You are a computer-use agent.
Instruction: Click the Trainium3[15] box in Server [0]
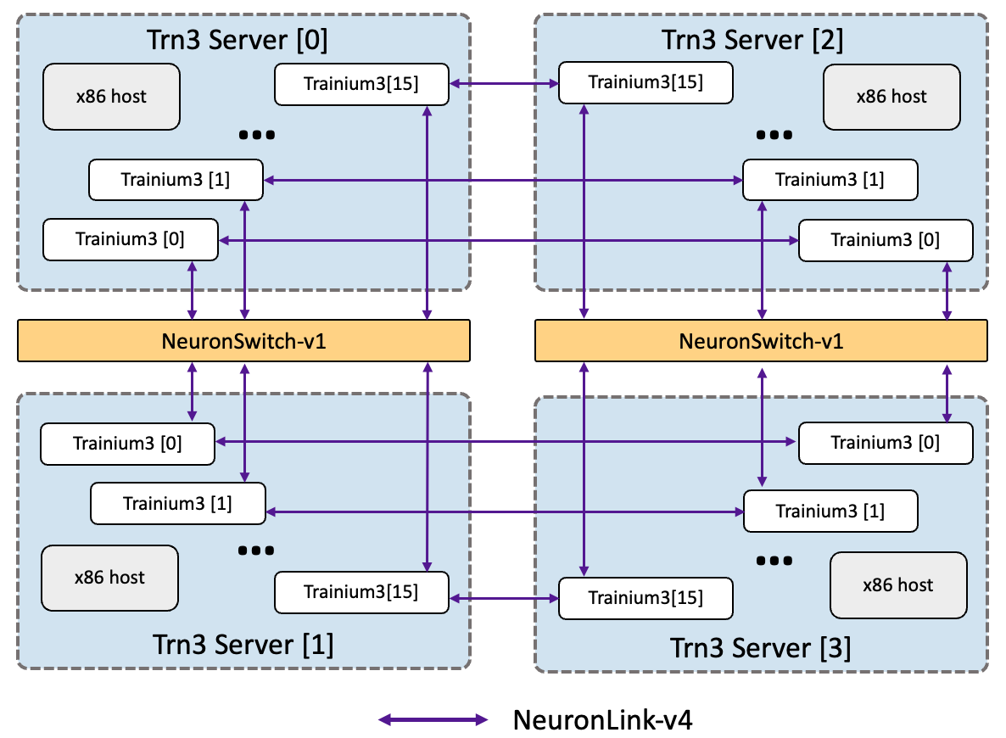point(361,83)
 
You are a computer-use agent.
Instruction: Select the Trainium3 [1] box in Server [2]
point(830,180)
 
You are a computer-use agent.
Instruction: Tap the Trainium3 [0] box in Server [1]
point(127,443)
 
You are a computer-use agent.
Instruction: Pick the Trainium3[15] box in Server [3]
point(646,598)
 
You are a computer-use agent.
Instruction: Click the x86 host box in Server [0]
point(111,97)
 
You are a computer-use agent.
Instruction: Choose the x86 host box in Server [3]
point(897,584)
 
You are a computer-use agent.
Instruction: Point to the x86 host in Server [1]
point(109,578)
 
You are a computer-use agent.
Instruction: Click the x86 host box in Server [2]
point(891,97)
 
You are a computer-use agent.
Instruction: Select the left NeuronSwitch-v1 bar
point(243,341)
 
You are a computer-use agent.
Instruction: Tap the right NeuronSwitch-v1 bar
point(761,341)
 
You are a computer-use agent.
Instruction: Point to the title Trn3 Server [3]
point(761,648)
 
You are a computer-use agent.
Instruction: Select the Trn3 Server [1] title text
point(243,645)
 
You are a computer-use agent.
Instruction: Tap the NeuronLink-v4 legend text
point(602,720)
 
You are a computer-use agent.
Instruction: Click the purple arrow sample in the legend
point(433,720)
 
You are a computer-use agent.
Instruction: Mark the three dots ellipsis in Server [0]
point(257,134)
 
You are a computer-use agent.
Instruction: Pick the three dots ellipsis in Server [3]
point(774,560)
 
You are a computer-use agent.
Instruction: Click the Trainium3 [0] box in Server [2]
point(885,240)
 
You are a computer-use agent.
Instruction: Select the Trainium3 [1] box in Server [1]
point(177,503)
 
